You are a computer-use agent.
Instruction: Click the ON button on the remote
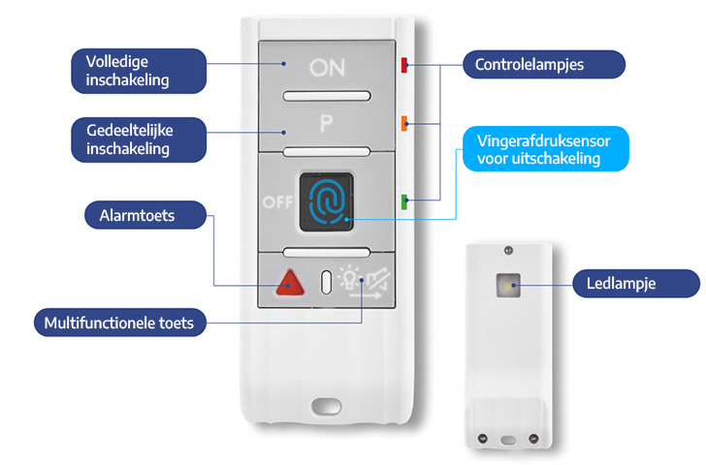(x=326, y=68)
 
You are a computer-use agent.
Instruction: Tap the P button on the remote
(x=327, y=124)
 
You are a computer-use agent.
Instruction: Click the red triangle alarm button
(x=287, y=283)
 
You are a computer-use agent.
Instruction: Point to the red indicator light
(x=404, y=66)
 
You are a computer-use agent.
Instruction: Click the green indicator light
(x=404, y=201)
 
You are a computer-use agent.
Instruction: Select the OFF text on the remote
(x=275, y=201)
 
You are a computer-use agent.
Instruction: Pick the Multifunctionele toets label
(x=120, y=323)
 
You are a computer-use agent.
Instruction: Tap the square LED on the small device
(x=508, y=286)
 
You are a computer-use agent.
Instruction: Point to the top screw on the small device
(x=507, y=251)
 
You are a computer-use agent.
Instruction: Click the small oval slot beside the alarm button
(x=326, y=282)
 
